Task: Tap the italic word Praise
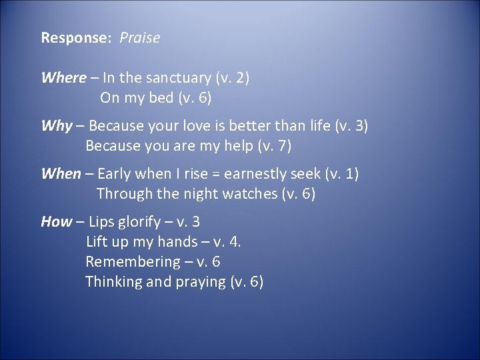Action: click(140, 38)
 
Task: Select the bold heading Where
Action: click(63, 78)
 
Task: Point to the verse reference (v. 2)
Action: click(231, 78)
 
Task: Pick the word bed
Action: click(161, 98)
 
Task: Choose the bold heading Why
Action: click(57, 126)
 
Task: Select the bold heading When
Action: click(61, 174)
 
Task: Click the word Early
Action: click(114, 174)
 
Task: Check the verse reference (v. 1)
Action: click(341, 174)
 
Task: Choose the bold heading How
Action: click(56, 222)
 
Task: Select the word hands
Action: click(177, 242)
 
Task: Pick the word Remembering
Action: click(133, 262)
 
